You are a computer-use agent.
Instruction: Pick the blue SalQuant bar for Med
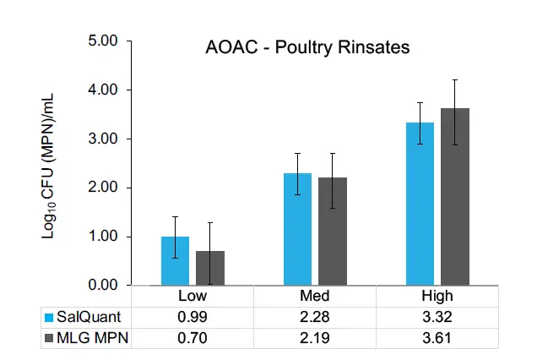[x=297, y=229]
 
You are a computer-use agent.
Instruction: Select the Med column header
[x=314, y=296]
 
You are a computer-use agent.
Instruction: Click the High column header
[x=437, y=296]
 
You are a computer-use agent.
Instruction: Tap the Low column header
[x=192, y=296]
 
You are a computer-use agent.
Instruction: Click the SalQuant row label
[x=84, y=317]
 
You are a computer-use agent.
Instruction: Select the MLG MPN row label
[x=88, y=337]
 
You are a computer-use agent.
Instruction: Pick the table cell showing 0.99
[x=192, y=317]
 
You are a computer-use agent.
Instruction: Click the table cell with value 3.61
[x=437, y=337]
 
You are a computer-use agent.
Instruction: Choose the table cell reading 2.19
[x=314, y=337]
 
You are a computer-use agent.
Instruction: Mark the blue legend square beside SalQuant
[x=50, y=317]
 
